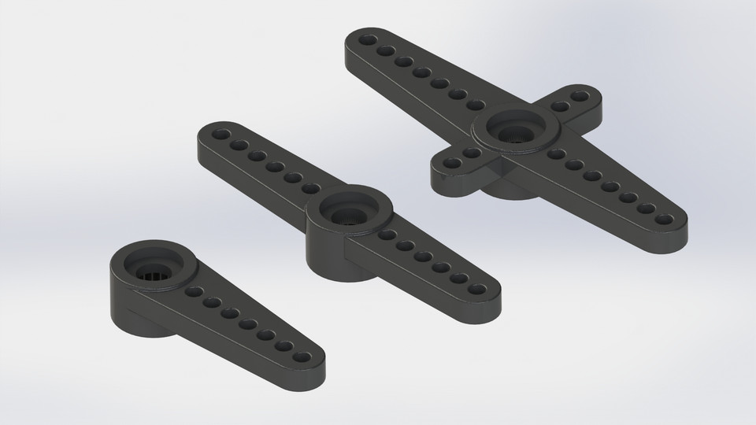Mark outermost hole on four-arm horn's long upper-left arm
click(x=367, y=39)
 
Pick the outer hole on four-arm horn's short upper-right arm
click(x=580, y=97)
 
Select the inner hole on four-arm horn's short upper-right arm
click(x=561, y=106)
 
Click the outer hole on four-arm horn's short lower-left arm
click(x=453, y=164)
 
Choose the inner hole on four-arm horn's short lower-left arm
click(x=472, y=153)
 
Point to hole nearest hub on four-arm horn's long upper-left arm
click(x=476, y=105)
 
